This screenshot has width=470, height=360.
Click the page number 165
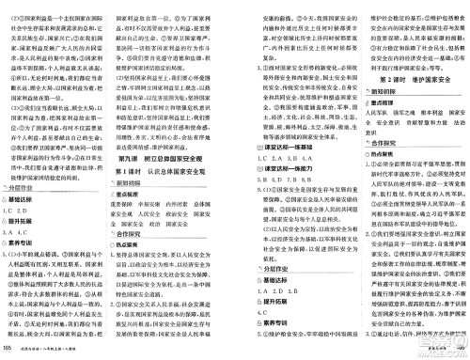pyautogui.click(x=8, y=350)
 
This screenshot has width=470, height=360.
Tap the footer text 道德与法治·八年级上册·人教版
pyautogui.click(x=55, y=350)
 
